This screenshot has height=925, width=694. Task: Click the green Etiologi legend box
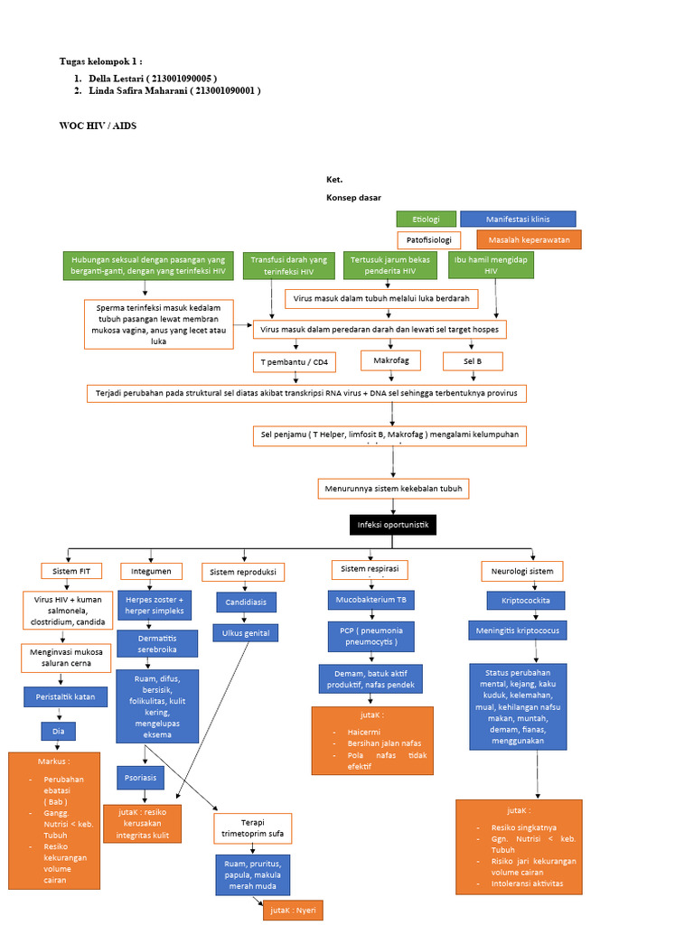click(426, 220)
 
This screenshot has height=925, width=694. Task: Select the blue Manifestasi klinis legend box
click(518, 220)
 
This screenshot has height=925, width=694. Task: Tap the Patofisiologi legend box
click(428, 240)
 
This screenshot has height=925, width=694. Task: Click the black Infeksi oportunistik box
click(393, 525)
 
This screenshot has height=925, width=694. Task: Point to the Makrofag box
click(390, 361)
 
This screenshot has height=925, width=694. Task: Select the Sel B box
click(472, 361)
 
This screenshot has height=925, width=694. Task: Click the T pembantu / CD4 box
click(294, 362)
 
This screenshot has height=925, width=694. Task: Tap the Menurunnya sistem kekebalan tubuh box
click(393, 489)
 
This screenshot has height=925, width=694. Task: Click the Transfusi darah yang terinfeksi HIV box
click(287, 265)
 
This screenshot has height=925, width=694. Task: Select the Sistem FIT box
click(71, 571)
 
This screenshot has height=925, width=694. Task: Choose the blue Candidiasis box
click(246, 603)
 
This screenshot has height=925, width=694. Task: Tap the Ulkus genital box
click(246, 633)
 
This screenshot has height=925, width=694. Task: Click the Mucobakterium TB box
click(370, 600)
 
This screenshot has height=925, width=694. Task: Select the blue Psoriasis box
click(140, 777)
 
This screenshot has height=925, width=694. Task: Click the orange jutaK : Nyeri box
click(293, 910)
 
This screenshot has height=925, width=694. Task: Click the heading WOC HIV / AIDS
click(98, 126)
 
